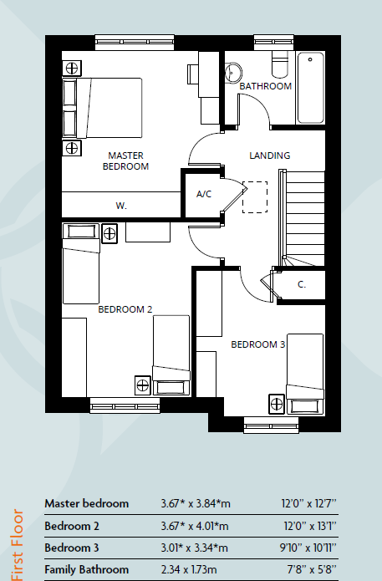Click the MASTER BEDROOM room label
125,161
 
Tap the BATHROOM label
265,86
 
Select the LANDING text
270,155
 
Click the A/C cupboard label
203,194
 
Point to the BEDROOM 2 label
125,309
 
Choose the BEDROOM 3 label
258,344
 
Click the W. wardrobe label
121,205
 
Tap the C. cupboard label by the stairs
302,284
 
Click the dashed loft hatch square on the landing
253,197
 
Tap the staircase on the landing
304,213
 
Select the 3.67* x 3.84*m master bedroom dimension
194,504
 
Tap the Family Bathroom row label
86,569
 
